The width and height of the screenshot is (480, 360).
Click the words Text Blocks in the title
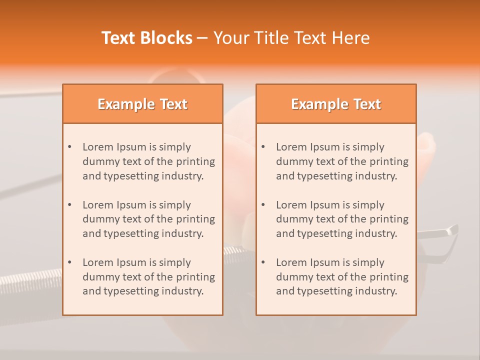(x=147, y=38)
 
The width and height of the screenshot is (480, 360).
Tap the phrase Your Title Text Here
(x=291, y=38)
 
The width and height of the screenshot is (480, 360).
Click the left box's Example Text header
(x=142, y=104)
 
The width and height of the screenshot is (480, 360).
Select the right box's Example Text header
(x=336, y=104)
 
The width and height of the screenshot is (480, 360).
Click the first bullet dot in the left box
(x=69, y=147)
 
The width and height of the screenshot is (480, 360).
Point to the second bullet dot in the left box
(x=69, y=205)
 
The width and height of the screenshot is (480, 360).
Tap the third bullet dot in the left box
(x=69, y=262)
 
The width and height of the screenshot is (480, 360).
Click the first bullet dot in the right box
(x=263, y=147)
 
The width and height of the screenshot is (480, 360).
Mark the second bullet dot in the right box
(x=263, y=205)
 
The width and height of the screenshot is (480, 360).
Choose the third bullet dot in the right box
(x=263, y=262)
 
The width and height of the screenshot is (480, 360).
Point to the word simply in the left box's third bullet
(x=175, y=262)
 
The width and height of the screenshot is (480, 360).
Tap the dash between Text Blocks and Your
(x=202, y=38)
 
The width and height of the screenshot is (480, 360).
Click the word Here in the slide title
(x=352, y=38)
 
